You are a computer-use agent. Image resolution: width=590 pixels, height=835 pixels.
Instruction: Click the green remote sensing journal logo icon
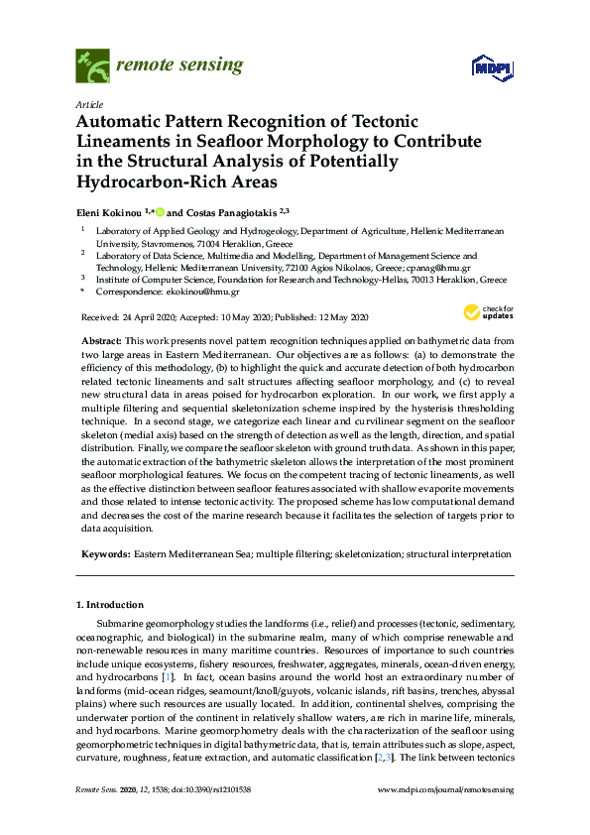92,67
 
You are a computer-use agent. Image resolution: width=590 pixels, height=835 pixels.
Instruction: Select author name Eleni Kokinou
107,211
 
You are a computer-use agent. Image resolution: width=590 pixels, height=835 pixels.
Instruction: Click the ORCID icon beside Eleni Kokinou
158,211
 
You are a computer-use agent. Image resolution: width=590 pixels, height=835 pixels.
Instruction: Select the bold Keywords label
105,554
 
